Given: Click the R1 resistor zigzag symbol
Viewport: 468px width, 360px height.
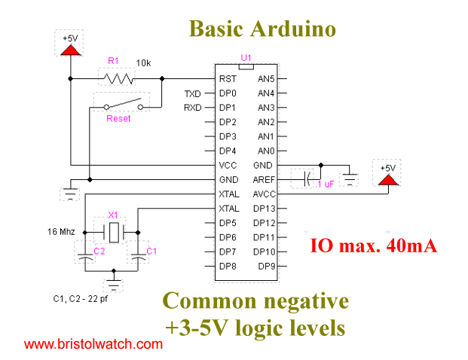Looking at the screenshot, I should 117,78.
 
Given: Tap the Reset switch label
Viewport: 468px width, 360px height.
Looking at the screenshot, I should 119,119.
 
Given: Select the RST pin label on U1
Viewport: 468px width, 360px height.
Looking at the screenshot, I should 228,78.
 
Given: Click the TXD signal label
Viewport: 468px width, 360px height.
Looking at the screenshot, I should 193,93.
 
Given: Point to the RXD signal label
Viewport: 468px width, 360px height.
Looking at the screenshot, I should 193,108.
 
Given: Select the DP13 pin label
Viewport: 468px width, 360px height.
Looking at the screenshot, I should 265,209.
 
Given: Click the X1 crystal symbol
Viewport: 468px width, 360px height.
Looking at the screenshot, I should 113,231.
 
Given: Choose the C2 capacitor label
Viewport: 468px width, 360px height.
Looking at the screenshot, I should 99,250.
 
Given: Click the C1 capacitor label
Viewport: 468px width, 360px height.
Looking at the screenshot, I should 151,250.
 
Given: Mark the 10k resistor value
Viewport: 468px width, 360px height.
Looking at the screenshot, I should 143,63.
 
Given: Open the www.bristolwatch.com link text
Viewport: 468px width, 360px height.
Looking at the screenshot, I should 93,344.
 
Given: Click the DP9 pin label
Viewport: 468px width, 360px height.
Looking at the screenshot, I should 268,267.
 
